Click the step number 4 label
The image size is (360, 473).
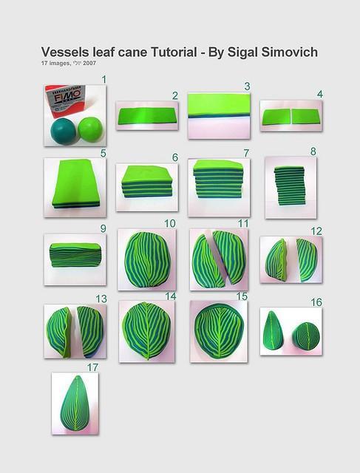pos(320,94)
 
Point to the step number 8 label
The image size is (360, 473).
pos(313,151)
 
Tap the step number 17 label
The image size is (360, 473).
pos(92,366)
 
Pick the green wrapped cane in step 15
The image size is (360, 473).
pos(219,327)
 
